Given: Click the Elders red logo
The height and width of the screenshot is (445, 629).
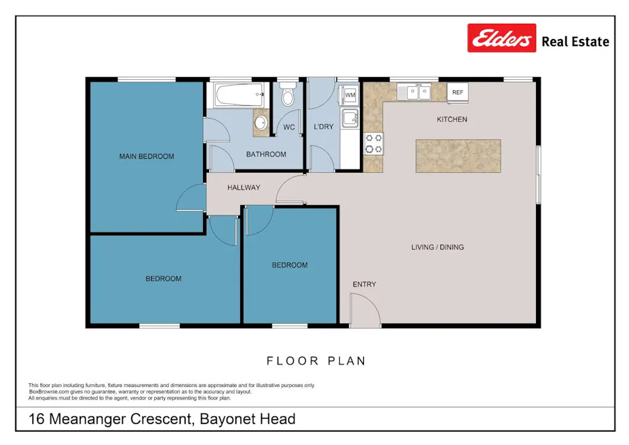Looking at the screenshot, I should (502, 38).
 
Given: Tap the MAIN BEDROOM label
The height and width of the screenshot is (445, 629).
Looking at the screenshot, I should (146, 156).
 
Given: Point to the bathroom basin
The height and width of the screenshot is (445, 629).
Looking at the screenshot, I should (261, 123).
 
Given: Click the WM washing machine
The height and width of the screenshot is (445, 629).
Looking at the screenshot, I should (349, 95).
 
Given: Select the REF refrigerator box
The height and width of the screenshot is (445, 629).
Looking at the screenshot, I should (458, 92).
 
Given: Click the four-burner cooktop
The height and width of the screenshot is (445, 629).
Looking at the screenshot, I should (374, 143).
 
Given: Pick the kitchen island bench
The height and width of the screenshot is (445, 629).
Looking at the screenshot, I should (458, 156).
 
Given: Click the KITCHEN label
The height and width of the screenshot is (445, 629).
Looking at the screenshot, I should (452, 119).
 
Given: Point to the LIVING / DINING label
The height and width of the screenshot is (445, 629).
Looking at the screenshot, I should (437, 247).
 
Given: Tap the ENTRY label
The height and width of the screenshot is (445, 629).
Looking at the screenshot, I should (364, 284).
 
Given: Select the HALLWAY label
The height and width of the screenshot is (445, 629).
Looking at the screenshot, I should (244, 188).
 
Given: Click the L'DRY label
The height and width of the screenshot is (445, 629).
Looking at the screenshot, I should (324, 127).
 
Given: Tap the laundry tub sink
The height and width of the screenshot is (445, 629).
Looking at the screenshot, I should (349, 119).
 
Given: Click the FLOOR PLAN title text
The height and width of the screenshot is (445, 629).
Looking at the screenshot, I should (316, 361).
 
